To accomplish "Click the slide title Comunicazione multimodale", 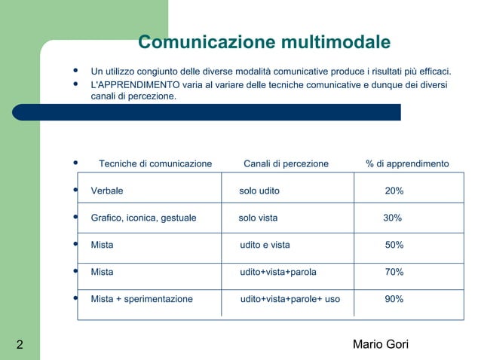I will click(264, 41).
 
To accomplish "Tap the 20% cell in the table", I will click(394, 191).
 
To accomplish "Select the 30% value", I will click(392, 218).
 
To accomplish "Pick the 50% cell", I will click(394, 246).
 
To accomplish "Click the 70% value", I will click(394, 273).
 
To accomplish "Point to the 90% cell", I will click(394, 300).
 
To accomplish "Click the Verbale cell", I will click(107, 191).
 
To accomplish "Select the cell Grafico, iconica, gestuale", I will click(143, 218).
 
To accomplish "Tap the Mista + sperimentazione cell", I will click(142, 300).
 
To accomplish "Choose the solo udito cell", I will click(259, 191).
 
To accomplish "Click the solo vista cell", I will click(258, 218).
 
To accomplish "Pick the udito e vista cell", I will click(265, 246).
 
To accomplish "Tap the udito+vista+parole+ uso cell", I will click(290, 300).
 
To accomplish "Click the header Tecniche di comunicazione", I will click(155, 164).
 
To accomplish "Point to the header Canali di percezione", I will click(286, 164).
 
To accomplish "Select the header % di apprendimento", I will click(407, 164).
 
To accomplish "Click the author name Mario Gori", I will click(381, 345).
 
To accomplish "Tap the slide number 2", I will click(19, 346).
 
